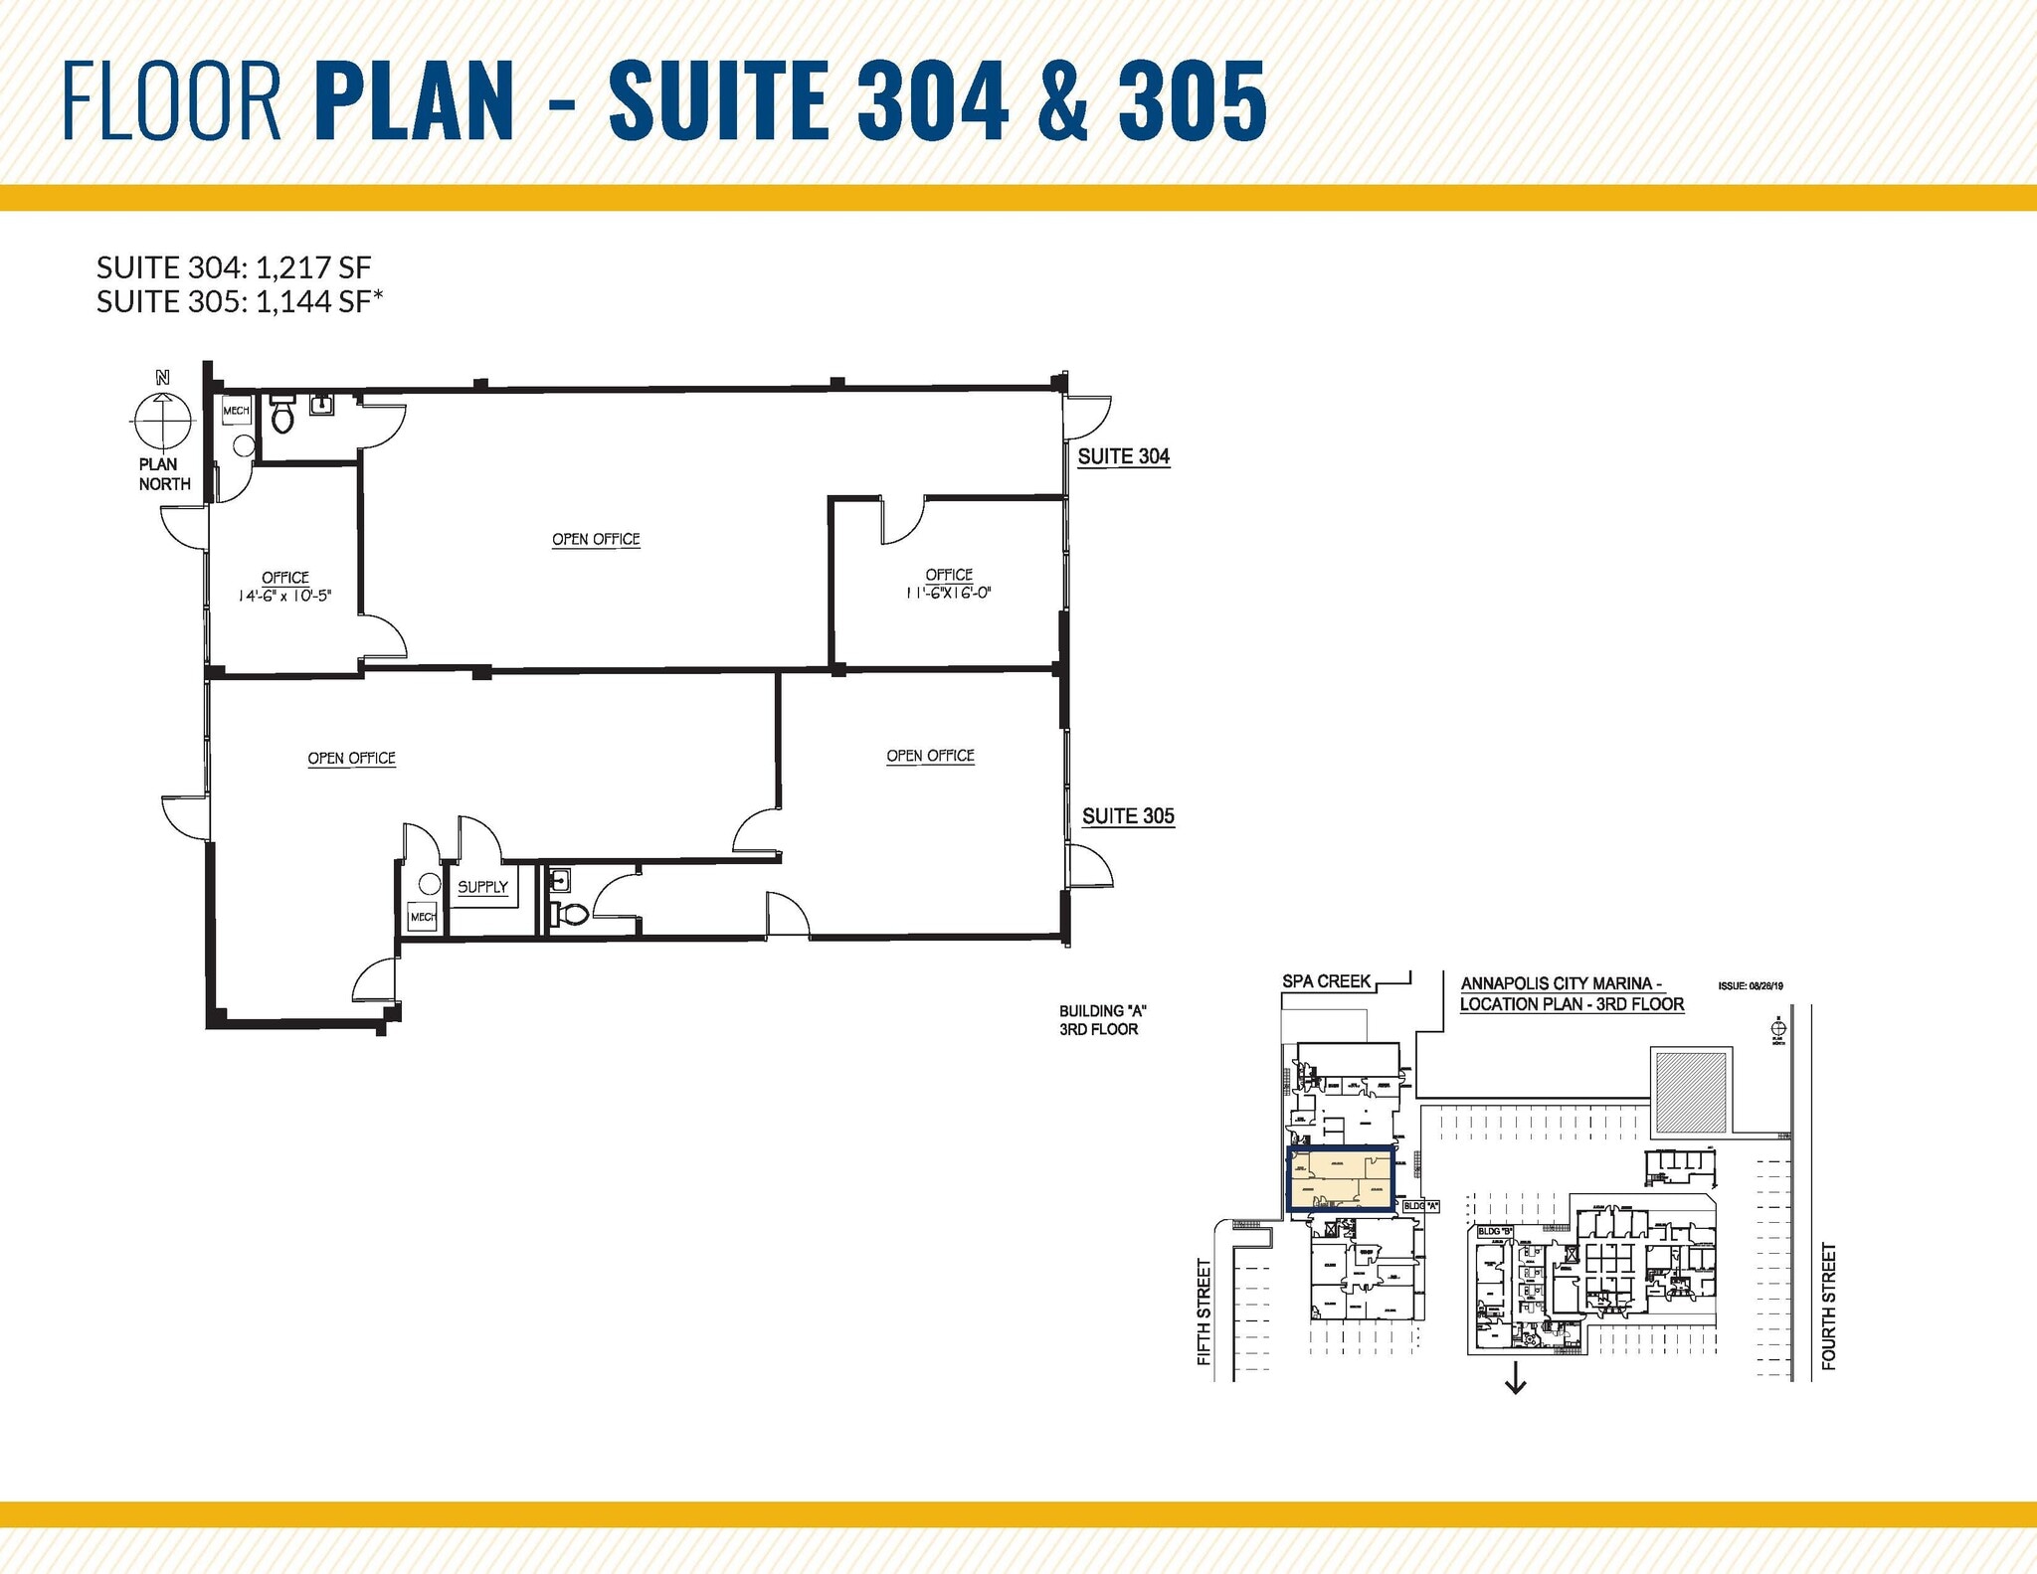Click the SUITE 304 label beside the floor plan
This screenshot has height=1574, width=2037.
point(1124,456)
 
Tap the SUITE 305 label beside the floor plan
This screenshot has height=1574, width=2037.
point(1128,816)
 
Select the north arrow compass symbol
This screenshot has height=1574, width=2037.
point(161,420)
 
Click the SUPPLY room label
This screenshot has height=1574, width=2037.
point(482,887)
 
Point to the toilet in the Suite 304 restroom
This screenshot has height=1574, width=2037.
point(282,416)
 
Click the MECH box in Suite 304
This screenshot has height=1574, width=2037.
point(236,411)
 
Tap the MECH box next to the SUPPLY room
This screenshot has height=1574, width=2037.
point(423,916)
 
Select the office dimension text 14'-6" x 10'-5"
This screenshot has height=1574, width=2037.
point(284,596)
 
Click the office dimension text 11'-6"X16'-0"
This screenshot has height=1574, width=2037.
point(948,593)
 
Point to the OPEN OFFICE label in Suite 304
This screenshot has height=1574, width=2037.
point(596,539)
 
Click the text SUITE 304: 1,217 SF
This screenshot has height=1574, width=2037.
point(234,267)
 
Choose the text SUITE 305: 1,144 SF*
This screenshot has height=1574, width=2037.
point(240,301)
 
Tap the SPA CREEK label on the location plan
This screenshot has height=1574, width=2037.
point(1326,981)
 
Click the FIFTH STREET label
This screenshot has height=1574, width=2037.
point(1204,1312)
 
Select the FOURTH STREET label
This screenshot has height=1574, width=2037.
point(1828,1307)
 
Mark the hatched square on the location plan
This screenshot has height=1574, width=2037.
point(1689,1092)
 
